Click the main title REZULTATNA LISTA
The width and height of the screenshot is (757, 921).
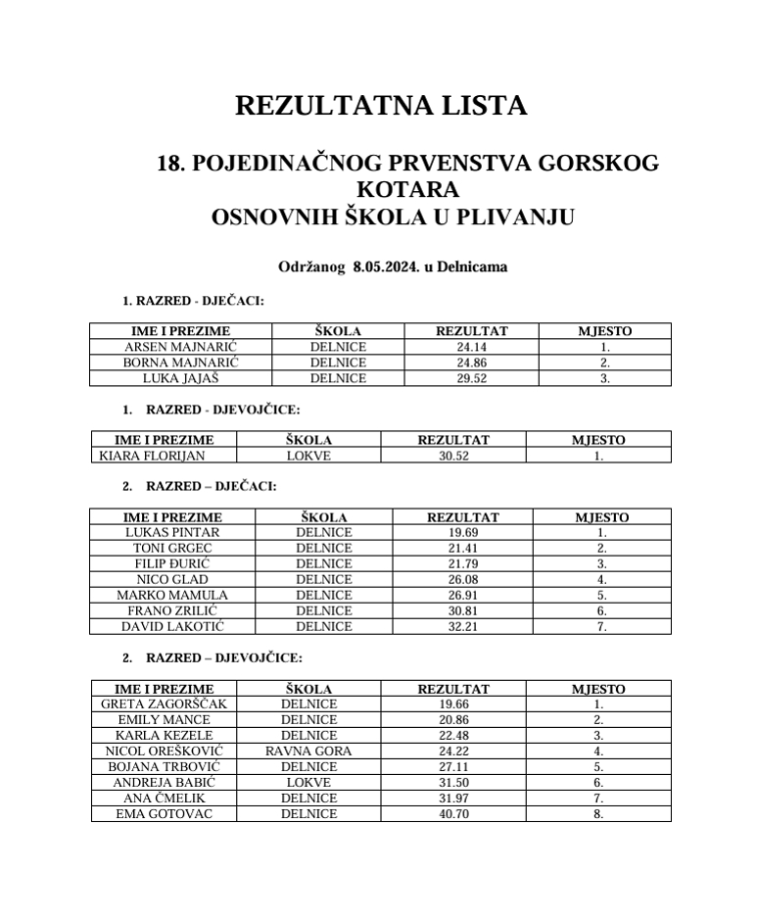pyautogui.click(x=381, y=106)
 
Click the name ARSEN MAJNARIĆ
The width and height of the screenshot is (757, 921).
pyautogui.click(x=181, y=347)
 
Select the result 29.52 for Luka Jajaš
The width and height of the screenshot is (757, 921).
pyautogui.click(x=471, y=378)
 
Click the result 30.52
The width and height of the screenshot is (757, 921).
pyautogui.click(x=453, y=456)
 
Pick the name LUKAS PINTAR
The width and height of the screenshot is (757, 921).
pyautogui.click(x=172, y=533)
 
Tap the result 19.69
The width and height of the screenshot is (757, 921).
pyautogui.click(x=462, y=533)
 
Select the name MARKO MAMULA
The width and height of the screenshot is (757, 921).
pyautogui.click(x=172, y=595)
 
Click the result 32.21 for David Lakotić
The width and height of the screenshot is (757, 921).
pyautogui.click(x=462, y=626)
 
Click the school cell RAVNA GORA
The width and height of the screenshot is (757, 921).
pyautogui.click(x=308, y=751)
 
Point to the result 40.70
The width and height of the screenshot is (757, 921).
pyautogui.click(x=453, y=813)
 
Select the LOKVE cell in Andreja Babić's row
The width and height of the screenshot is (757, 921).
pyautogui.click(x=308, y=782)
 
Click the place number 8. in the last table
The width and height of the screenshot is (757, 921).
pyautogui.click(x=598, y=813)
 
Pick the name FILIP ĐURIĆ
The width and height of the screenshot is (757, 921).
pyautogui.click(x=172, y=564)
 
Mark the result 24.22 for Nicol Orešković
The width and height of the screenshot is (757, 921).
pyautogui.click(x=453, y=751)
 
